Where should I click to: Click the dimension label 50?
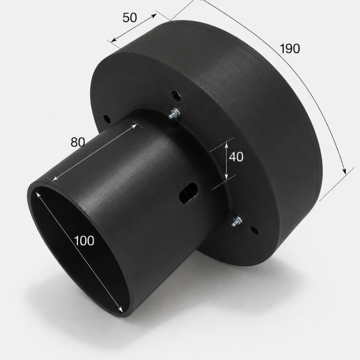click(x=130, y=18)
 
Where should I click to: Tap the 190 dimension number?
click(x=290, y=49)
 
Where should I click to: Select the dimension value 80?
click(x=78, y=142)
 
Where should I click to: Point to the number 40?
click(x=236, y=157)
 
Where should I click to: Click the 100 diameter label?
click(x=84, y=241)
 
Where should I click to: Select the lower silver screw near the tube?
click(x=237, y=221)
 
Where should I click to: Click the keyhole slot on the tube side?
click(x=188, y=193)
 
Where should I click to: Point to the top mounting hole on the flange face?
click(x=176, y=95)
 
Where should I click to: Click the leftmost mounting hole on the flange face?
click(x=106, y=118)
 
